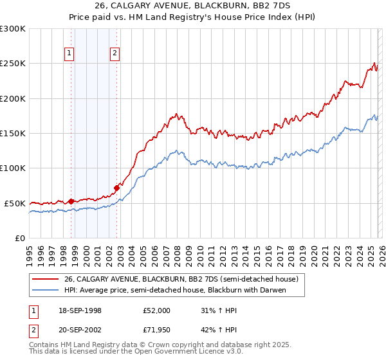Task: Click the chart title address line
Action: click(x=193, y=6)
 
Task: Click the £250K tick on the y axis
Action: click(x=13, y=64)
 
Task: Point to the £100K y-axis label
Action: click(x=13, y=168)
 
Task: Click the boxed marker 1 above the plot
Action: click(x=69, y=53)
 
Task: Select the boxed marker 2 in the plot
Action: click(x=115, y=53)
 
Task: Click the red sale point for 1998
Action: click(x=71, y=201)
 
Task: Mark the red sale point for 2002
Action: click(x=116, y=188)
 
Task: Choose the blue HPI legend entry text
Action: click(x=174, y=290)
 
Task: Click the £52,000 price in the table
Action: click(x=157, y=310)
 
